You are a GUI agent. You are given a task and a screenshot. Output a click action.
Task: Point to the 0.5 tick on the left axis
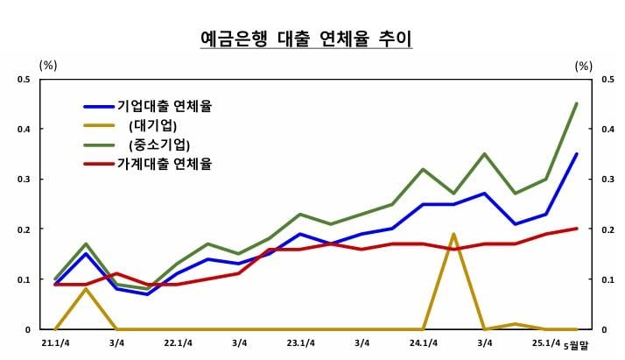[24, 80]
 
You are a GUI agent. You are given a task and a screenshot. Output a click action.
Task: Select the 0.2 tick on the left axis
[24, 229]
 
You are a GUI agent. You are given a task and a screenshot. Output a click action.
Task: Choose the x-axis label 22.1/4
[178, 342]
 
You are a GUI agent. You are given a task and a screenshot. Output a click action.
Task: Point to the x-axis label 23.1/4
[300, 342]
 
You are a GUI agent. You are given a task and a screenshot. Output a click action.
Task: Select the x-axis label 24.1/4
[423, 342]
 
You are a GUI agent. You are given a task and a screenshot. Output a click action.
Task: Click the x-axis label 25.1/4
[545, 342]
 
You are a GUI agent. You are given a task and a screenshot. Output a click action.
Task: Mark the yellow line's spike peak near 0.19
[453, 234]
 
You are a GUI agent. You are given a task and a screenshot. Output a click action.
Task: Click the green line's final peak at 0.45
[576, 103]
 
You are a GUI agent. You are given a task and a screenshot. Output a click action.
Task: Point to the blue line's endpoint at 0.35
[576, 154]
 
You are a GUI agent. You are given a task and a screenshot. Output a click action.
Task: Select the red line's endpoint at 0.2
[576, 229]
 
